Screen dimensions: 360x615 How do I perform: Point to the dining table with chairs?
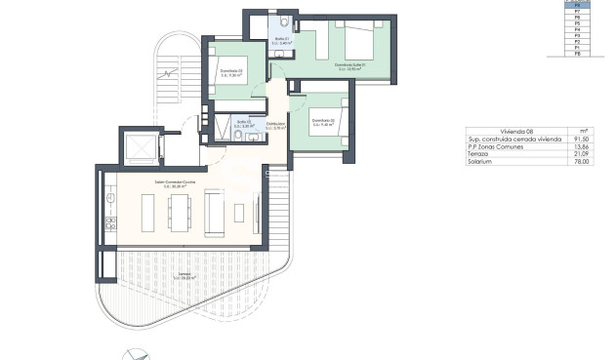pyautogui.click(x=181, y=212)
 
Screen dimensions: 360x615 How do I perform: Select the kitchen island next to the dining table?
pyautogui.click(x=149, y=212)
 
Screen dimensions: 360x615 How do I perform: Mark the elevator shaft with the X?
pyautogui.click(x=140, y=147)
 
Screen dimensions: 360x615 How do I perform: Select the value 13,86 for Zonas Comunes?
pyautogui.click(x=583, y=147)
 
